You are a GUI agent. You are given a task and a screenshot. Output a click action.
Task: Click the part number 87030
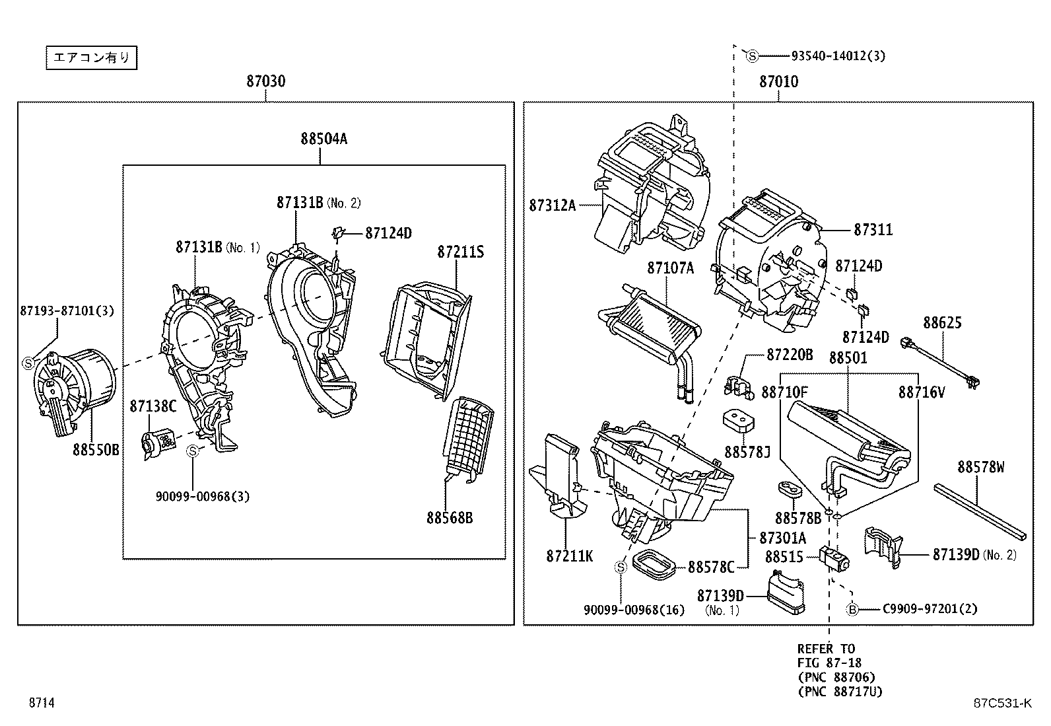[x=266, y=81]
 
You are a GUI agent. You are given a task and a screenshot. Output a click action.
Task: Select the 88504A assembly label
[x=323, y=139]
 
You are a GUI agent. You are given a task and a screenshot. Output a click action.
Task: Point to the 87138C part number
[x=153, y=406]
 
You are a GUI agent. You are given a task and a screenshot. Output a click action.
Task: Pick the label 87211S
[x=460, y=252]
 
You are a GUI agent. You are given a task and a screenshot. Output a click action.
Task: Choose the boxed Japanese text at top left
[x=92, y=58]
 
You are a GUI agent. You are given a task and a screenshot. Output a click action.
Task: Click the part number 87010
[x=778, y=81]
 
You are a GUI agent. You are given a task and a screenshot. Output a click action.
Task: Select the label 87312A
[x=552, y=205]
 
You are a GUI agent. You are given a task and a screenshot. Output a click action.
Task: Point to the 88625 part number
[x=942, y=323]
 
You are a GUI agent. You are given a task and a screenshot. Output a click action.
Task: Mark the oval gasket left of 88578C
[x=654, y=563]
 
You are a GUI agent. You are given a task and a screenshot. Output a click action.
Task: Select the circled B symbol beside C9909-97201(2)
[x=853, y=608]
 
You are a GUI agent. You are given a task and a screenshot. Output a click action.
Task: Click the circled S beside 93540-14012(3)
[x=752, y=56]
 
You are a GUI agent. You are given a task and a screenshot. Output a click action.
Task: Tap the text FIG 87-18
[x=829, y=663]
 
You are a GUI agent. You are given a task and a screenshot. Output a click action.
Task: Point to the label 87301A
[x=782, y=537]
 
